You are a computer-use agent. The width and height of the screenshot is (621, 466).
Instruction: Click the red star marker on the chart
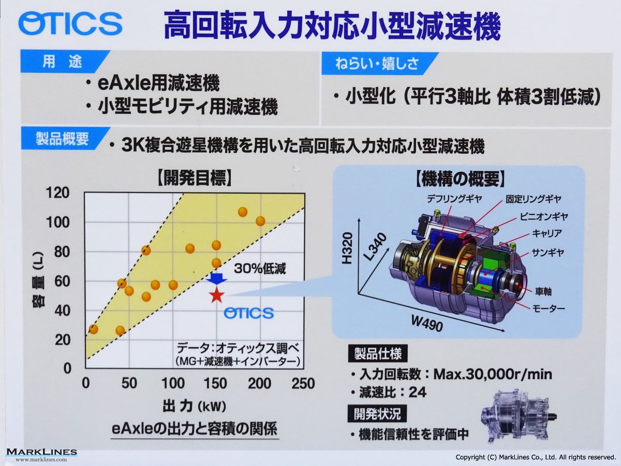[216, 295]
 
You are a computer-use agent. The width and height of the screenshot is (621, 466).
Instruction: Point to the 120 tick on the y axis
[58, 193]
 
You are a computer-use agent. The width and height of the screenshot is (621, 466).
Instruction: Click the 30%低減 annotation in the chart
[260, 269]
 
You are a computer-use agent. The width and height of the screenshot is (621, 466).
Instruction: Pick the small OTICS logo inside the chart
[249, 313]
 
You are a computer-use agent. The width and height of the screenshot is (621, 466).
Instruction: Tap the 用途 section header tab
[63, 61]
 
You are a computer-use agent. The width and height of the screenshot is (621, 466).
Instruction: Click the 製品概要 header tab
[63, 138]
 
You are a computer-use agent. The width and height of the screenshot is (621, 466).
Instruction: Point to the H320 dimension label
[347, 248]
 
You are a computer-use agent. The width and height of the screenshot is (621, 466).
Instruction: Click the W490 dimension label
[427, 324]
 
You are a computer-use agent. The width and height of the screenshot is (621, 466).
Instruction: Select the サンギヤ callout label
[548, 252]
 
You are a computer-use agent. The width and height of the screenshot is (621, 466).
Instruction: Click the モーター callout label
[549, 308]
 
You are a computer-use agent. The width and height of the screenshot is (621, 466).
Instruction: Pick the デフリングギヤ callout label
[454, 199]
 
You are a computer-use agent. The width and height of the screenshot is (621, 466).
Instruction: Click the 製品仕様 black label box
[378, 354]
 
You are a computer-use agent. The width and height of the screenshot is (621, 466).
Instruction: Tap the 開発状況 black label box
[377, 413]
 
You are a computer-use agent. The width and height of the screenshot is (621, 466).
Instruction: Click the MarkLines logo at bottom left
[41, 455]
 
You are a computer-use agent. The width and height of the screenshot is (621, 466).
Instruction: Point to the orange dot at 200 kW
[260, 221]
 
